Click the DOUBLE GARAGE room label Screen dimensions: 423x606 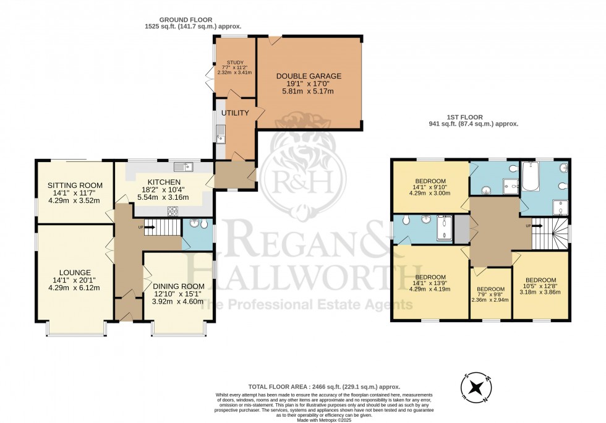pyautogui.click(x=309, y=76)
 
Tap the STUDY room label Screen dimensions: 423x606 pyautogui.click(x=234, y=62)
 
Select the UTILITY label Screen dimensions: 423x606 pyautogui.click(x=235, y=113)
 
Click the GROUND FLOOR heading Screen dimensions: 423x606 pyautogui.click(x=191, y=19)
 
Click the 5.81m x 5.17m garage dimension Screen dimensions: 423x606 pyautogui.click(x=309, y=92)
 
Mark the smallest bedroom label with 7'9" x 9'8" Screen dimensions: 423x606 pyautogui.click(x=491, y=289)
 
